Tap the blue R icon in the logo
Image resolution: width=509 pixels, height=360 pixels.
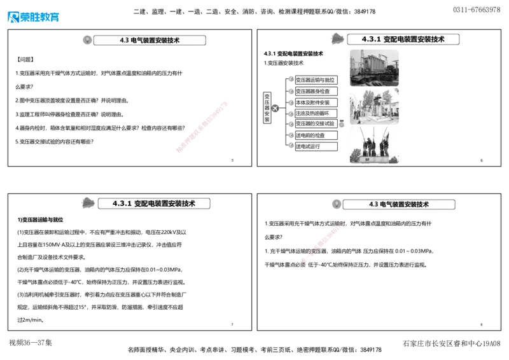(x=13, y=17)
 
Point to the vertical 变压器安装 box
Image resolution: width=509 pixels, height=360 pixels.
(x=267, y=108)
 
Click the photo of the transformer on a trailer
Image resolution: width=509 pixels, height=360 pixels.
(x=373, y=67)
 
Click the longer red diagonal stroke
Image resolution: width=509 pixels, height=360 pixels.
(x=201, y=127)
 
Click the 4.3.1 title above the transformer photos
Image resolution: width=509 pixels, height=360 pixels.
(x=403, y=39)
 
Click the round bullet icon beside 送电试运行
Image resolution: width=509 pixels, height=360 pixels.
(x=291, y=146)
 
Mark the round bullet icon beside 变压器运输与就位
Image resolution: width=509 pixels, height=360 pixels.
(x=291, y=80)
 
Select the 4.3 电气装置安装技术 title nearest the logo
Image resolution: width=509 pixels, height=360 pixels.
(x=150, y=40)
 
